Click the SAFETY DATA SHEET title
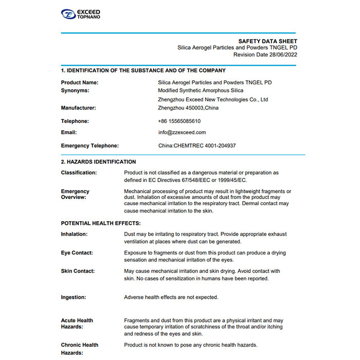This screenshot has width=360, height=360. [267, 41]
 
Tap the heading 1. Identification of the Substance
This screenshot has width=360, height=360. [143, 70]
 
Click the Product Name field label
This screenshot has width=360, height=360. [80, 82]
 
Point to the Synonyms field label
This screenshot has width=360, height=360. [75, 91]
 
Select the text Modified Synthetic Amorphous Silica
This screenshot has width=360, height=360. [201, 91]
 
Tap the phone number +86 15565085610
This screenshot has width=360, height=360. [179, 121]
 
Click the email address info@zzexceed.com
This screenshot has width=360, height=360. [182, 133]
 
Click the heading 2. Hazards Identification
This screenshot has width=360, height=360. [98, 161]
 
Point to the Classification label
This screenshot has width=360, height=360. [79, 173]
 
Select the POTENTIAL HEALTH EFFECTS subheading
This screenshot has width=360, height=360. [101, 223]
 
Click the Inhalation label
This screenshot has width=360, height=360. [75, 234]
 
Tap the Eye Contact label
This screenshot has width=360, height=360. [77, 253]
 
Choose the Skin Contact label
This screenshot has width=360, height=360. [78, 271]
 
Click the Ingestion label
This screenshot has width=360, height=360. [74, 297]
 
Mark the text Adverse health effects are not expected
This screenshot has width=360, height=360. [171, 297]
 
